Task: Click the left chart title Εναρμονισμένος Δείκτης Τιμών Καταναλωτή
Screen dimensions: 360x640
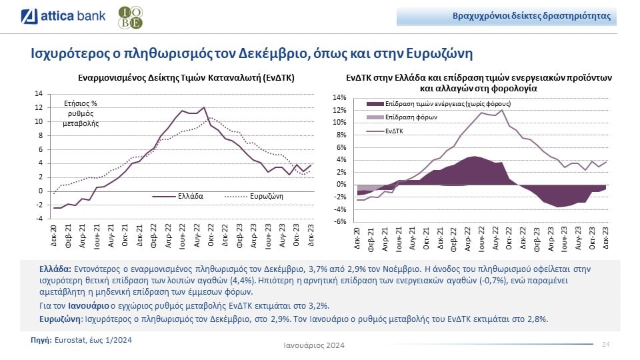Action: pyautogui.click(x=186, y=77)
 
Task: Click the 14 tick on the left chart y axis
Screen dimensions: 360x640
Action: pyautogui.click(x=39, y=94)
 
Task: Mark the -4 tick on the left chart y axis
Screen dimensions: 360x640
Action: pyautogui.click(x=39, y=219)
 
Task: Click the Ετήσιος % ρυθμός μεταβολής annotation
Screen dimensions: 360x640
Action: pyautogui.click(x=80, y=113)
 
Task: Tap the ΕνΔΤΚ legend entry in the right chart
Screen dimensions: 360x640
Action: pyautogui.click(x=394, y=130)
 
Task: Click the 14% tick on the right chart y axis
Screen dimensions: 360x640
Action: pyautogui.click(x=339, y=98)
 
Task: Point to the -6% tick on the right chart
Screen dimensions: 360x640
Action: pyautogui.click(x=339, y=221)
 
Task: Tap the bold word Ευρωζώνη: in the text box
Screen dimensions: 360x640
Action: pyautogui.click(x=61, y=319)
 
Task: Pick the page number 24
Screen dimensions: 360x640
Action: pyautogui.click(x=606, y=344)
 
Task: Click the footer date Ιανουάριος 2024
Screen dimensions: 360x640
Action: pyautogui.click(x=314, y=345)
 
